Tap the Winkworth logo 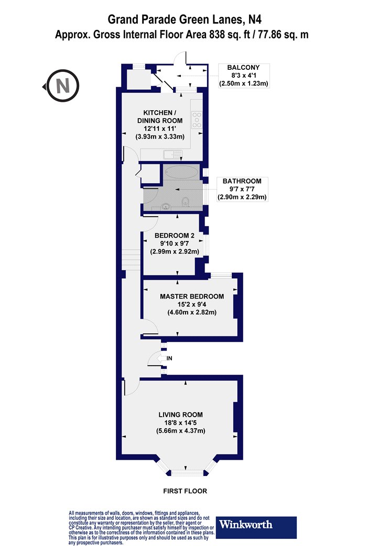coord(256,527)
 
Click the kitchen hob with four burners coord(197,120)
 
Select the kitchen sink coord(171,154)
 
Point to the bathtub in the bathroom coord(181,172)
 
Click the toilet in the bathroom coord(186,202)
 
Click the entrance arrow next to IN coord(161,358)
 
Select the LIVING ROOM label coord(180,415)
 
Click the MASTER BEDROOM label coord(192,296)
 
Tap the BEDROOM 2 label coord(175,236)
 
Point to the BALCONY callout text coord(243,67)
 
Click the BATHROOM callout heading coord(242,181)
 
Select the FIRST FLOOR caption coord(185,491)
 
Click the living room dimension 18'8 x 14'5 coord(180,423)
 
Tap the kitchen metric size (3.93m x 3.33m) coord(160,136)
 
